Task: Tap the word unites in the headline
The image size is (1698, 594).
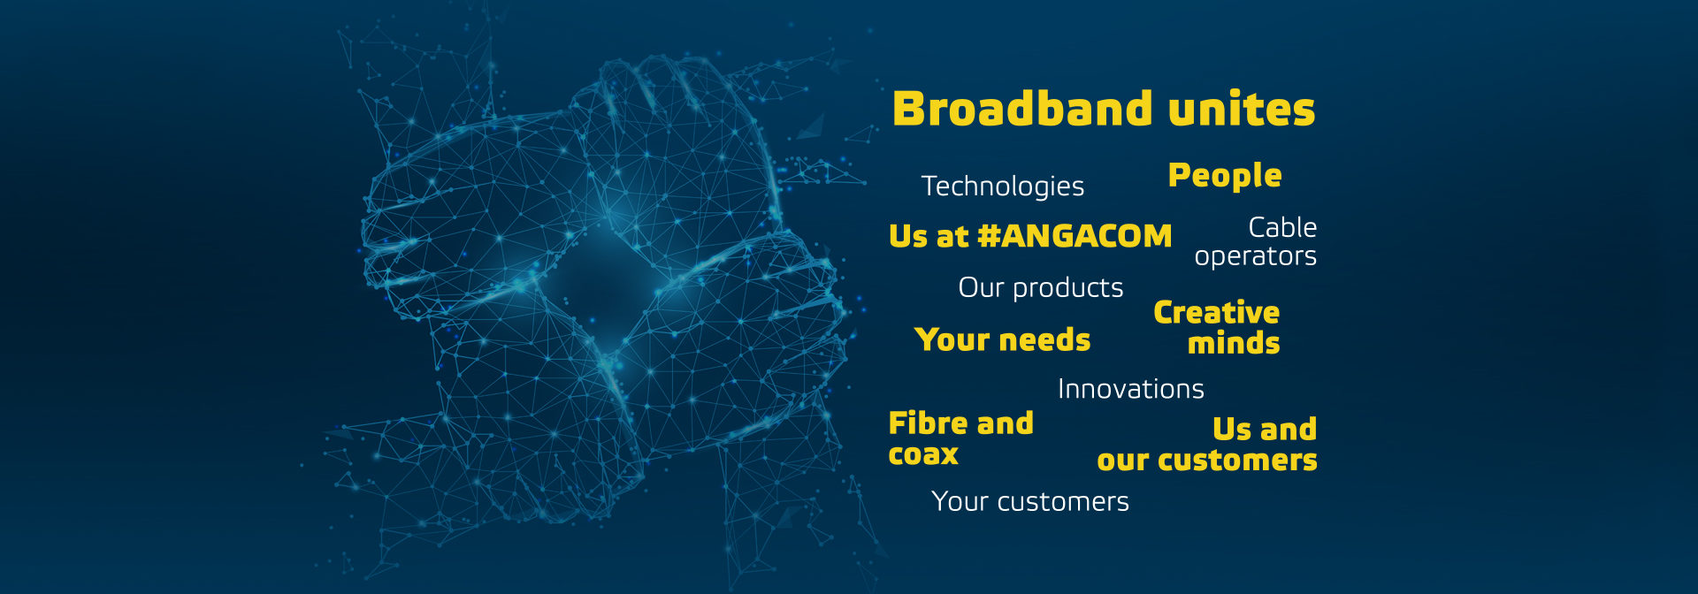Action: (x=1242, y=110)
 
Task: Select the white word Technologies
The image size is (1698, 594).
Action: (x=1003, y=187)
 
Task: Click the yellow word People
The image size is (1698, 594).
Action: (x=1225, y=176)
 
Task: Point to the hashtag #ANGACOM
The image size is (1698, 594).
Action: (x=1075, y=236)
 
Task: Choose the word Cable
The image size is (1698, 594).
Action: (x=1282, y=227)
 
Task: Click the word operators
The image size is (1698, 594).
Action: (x=1256, y=256)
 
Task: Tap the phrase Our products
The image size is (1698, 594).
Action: (x=1041, y=288)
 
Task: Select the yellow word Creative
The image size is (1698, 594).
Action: (x=1217, y=312)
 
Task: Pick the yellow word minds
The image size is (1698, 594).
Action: (x=1234, y=343)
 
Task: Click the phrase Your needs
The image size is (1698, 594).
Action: (x=1003, y=339)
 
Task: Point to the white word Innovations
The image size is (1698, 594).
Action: (x=1131, y=389)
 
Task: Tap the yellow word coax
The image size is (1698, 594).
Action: (x=923, y=454)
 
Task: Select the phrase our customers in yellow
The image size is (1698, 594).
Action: (x=1207, y=461)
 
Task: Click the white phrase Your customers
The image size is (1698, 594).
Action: (x=1030, y=502)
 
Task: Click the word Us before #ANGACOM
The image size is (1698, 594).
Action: (x=908, y=236)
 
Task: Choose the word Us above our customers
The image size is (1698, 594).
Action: (x=1231, y=430)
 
